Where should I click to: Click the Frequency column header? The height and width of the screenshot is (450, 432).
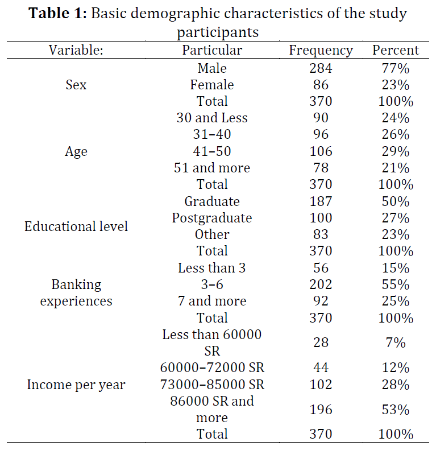[321, 51]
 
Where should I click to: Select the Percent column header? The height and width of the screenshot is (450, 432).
[396, 50]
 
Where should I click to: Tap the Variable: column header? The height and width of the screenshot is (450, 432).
[76, 50]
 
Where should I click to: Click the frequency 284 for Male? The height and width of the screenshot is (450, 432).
[321, 68]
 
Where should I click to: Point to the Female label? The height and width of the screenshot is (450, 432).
[212, 85]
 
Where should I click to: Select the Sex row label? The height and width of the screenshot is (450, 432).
[76, 85]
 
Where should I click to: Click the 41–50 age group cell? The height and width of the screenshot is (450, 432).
[212, 151]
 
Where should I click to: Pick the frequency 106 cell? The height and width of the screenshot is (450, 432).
[321, 151]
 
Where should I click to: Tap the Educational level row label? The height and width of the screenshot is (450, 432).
[76, 226]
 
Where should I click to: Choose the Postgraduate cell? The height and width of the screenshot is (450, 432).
[212, 218]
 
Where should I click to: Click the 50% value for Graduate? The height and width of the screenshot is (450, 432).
[396, 201]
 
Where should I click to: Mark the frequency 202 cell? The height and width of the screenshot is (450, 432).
[321, 284]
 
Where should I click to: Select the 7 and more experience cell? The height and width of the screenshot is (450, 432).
[212, 301]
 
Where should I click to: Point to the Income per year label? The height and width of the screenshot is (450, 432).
[76, 385]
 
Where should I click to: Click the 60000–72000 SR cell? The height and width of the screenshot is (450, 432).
[212, 368]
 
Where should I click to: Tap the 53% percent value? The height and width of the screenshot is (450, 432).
[396, 410]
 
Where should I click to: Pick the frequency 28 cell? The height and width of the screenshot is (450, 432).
[321, 342]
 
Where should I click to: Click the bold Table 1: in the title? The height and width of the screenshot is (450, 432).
[57, 13]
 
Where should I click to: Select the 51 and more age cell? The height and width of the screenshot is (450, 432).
[212, 168]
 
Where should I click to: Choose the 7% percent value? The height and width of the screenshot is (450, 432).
[396, 342]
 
